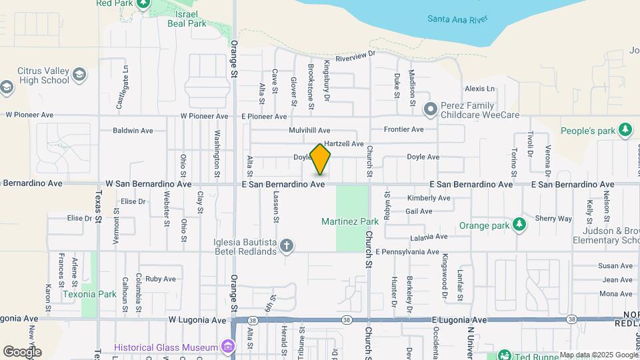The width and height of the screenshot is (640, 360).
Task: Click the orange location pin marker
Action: coord(321,159)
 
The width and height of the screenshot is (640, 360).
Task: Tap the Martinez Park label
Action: coord(349,221)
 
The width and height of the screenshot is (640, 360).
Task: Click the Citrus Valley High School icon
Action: coord(80,73)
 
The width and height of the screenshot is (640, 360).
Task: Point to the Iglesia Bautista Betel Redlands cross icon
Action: coord(287,247)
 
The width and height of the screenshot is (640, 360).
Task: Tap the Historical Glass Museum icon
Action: coord(229,347)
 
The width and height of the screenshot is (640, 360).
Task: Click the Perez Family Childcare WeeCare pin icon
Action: coord(431,108)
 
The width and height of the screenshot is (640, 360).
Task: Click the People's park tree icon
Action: coord(625,129)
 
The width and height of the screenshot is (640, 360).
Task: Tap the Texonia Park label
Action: coord(89,293)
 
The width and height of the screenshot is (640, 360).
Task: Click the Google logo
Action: coord(22,351)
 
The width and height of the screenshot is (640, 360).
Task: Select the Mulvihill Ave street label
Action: coord(309,130)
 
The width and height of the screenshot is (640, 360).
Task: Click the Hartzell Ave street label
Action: coord(343,144)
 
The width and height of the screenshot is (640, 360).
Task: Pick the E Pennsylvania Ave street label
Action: coord(407,252)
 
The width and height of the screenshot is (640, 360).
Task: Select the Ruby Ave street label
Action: coord(160,279)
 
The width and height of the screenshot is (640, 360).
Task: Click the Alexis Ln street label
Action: coord(480,89)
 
